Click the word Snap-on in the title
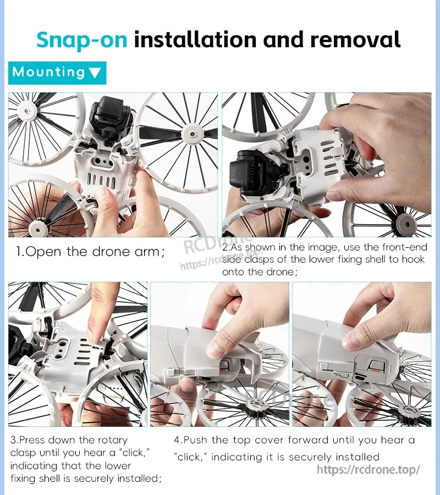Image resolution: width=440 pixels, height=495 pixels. tap(82, 40)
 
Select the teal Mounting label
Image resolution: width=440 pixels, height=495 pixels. tap(57, 73)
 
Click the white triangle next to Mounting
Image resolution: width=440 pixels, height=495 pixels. tap(95, 73)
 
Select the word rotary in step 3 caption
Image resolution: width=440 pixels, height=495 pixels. tap(113, 440)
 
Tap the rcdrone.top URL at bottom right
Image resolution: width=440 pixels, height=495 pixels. tap(369, 470)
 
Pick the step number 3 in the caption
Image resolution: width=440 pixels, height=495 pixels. tap(13, 440)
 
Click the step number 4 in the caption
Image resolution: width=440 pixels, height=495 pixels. tap(177, 440)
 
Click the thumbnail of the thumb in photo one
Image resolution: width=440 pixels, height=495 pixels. tap(101, 193)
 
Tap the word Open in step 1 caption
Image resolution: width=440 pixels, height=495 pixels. tap(43, 252)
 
